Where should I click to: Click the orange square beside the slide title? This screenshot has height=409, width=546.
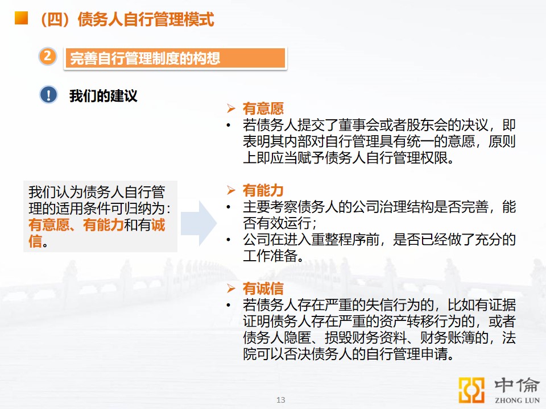tap(21, 18)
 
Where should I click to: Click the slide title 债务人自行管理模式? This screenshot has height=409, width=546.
tap(146, 19)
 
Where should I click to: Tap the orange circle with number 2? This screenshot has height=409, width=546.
tap(48, 56)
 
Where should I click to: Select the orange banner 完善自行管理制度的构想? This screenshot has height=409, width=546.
tap(175, 58)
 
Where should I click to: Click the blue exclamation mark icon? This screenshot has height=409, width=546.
tap(49, 95)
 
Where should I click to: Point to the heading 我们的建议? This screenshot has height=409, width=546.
tap(104, 95)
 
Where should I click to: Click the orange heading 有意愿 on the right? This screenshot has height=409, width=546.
tap(263, 108)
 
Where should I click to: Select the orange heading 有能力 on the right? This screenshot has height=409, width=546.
tap(263, 191)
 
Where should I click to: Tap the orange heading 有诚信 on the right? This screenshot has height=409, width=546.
tap(263, 289)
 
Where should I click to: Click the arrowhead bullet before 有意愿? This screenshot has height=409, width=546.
tap(231, 108)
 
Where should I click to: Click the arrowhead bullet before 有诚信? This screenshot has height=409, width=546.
tap(231, 289)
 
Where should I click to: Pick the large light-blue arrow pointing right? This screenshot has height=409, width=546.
tap(199, 223)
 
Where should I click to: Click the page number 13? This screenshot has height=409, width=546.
tap(280, 400)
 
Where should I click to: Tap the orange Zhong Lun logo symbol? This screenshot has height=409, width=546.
tap(471, 390)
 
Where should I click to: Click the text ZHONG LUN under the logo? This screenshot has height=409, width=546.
tap(517, 400)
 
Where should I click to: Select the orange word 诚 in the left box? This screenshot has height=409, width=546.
tap(158, 225)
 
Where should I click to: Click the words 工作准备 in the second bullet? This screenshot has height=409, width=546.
tap(270, 256)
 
